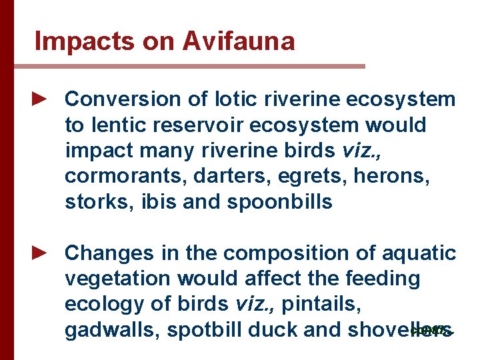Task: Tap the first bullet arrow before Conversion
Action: (41, 99)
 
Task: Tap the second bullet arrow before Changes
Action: (41, 253)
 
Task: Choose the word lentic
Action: (119, 125)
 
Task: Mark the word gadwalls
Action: (109, 329)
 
